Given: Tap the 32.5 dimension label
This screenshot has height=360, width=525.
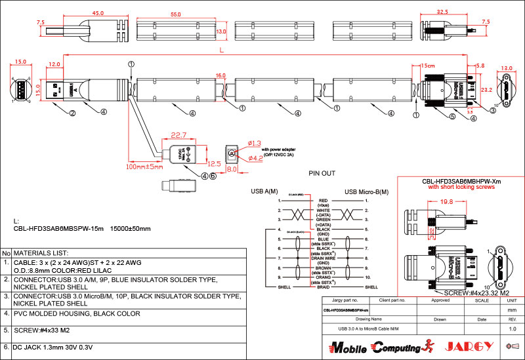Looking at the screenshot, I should tap(442, 12).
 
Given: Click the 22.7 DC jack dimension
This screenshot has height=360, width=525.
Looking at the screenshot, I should tap(178, 135).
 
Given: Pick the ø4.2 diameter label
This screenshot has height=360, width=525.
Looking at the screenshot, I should tap(256, 158).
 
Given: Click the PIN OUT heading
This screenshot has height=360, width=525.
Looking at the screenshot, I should tap(322, 174).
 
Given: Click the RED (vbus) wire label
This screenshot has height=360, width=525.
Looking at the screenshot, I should tap(323, 203).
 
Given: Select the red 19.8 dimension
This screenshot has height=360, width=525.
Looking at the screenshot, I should tap(448, 202).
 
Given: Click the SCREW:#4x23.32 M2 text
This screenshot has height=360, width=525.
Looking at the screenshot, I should tap(477, 292).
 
